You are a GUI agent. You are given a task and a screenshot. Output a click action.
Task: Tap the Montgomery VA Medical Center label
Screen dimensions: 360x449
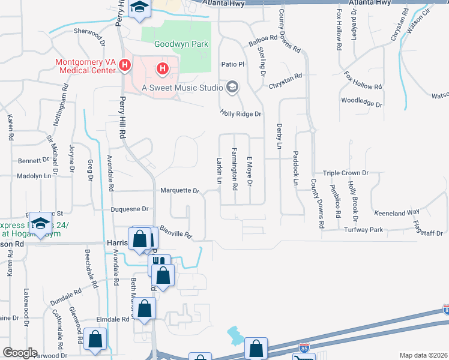tap(85, 66)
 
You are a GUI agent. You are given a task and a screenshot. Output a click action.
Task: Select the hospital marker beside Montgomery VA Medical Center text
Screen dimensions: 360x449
tap(125, 65)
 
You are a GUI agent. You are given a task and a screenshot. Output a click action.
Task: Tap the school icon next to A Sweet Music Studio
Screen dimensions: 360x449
tap(232, 88)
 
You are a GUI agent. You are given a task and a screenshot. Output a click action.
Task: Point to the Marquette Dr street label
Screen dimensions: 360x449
tap(179, 191)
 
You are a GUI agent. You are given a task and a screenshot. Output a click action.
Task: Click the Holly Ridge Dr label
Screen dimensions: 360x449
tap(241, 113)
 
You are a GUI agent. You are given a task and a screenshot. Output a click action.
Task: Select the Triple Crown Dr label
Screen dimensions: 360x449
tap(345, 173)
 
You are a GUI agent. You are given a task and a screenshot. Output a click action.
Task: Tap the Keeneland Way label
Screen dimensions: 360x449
tap(396, 212)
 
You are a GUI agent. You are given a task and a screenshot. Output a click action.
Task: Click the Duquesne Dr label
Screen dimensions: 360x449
tap(130, 209)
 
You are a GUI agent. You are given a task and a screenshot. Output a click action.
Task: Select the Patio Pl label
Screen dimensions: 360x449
tap(234, 64)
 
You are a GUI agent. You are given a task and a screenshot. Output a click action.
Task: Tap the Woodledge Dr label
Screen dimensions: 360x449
tap(361, 103)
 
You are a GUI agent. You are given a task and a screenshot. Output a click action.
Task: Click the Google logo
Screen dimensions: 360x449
tap(19, 353)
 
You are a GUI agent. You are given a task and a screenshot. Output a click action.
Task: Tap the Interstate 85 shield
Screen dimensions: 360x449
tap(305, 348)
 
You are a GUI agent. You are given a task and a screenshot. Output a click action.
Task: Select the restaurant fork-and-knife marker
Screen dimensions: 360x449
tap(159, 262)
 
